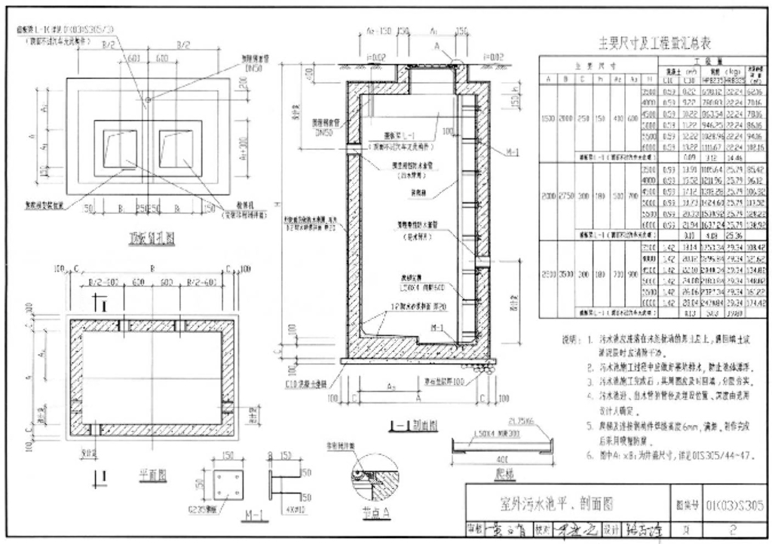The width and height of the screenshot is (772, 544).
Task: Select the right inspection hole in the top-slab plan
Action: (x=177, y=144)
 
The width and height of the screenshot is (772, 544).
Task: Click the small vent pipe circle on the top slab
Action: (x=148, y=99)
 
